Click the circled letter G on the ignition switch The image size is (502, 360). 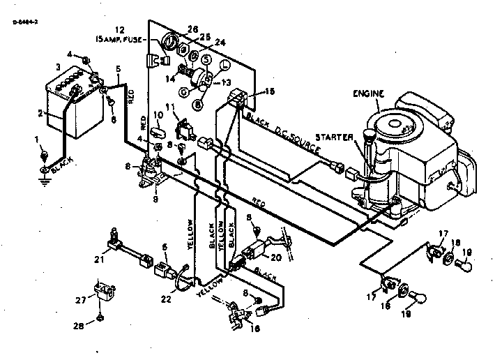point(183,91)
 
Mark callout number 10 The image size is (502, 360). point(158,114)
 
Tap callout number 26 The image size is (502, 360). point(192,29)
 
